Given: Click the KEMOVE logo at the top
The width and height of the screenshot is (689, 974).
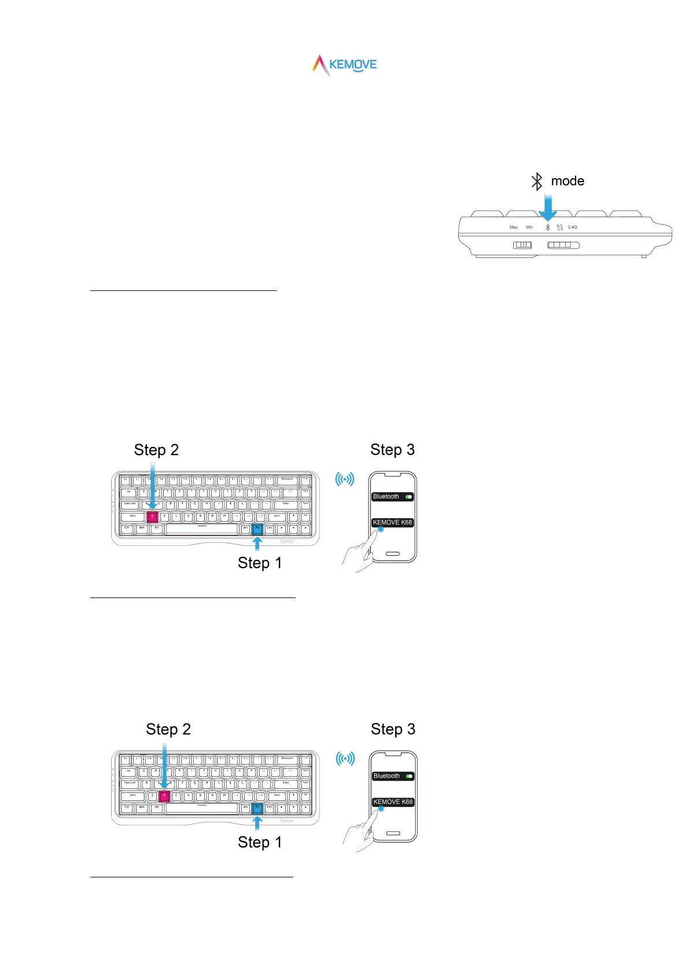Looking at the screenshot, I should [x=345, y=65].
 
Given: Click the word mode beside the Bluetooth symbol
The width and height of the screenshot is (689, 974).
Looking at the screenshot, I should [x=567, y=181].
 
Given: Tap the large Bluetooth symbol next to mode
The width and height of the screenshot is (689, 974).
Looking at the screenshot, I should [x=537, y=182].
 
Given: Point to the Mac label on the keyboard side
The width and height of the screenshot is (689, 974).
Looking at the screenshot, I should [x=513, y=227].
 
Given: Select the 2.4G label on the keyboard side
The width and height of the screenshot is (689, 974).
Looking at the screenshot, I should [x=572, y=227].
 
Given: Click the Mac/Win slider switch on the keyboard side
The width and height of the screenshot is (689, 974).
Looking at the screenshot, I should [x=522, y=245].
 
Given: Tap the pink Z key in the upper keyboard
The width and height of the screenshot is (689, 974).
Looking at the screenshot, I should [x=153, y=516].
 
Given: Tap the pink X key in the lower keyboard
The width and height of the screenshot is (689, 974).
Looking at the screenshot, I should [x=164, y=796].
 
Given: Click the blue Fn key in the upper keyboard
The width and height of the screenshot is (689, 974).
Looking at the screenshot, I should [x=257, y=529].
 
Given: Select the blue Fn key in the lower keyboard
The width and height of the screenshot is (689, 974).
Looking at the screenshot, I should [x=257, y=808].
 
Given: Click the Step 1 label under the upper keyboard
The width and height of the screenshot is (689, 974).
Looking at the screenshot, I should [x=260, y=563].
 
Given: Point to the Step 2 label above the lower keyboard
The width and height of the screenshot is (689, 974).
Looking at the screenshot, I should [x=168, y=729].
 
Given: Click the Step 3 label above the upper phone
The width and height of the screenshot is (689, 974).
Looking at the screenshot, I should [x=392, y=449].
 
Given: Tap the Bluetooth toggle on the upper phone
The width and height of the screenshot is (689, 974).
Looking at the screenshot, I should [x=408, y=497].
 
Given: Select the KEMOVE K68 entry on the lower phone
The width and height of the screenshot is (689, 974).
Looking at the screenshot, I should [x=393, y=802].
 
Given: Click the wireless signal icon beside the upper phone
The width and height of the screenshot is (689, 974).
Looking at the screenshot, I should [x=345, y=479].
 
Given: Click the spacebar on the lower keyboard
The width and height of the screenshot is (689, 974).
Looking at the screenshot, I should [x=202, y=808].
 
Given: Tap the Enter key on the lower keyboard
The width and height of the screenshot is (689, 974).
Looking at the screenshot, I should [x=286, y=783].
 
